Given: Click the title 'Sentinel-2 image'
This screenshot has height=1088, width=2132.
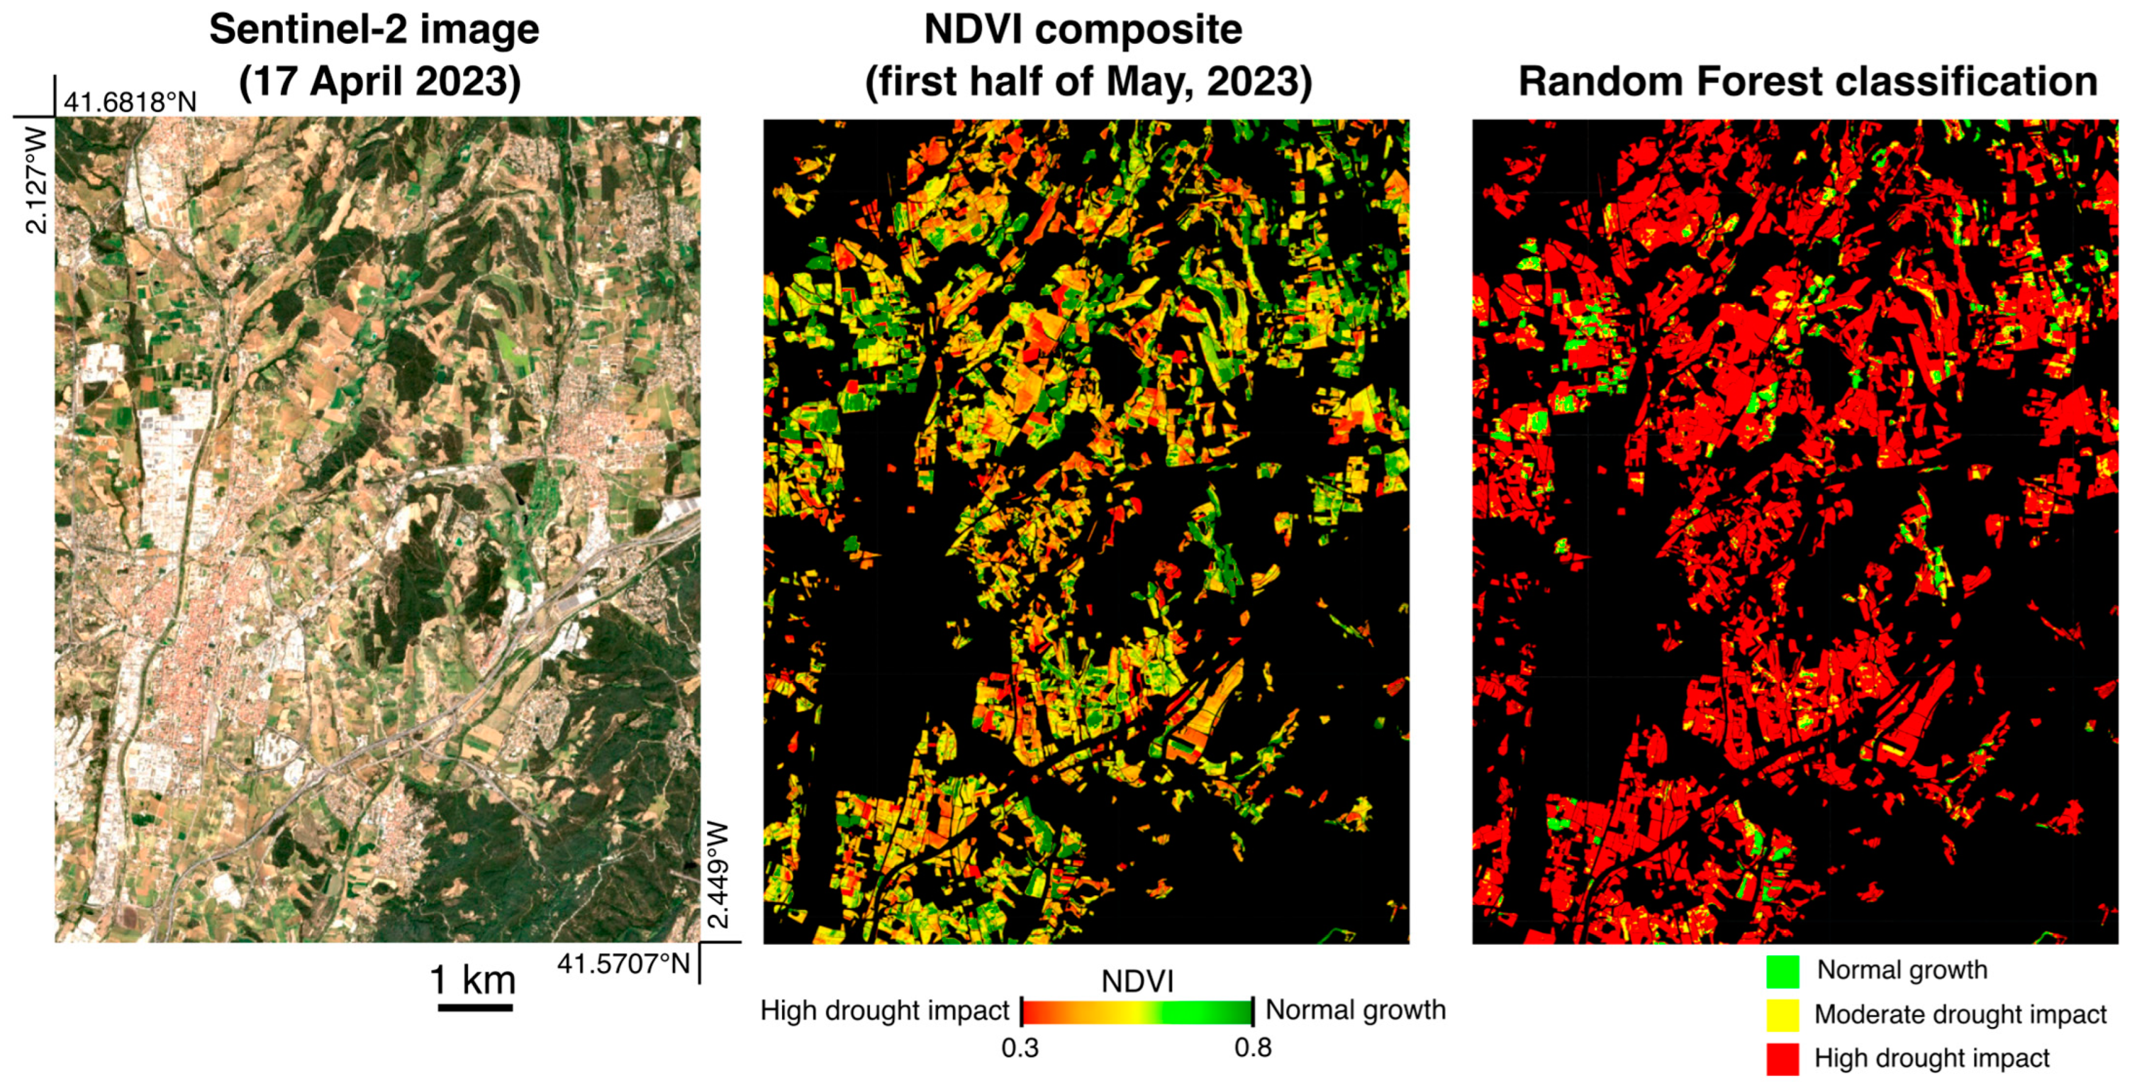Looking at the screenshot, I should pos(374,30).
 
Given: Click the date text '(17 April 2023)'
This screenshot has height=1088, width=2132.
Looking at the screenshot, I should pos(380,82).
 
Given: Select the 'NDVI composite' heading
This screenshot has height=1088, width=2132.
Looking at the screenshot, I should pos(1082,30).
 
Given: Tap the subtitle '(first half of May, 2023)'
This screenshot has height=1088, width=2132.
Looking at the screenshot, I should pos(1087,82).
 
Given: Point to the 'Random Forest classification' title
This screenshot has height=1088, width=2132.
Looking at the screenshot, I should pos(1808,82).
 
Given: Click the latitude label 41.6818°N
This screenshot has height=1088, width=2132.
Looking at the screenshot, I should pos(130,102).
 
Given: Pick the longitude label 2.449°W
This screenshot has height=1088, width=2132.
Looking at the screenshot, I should pos(719,875).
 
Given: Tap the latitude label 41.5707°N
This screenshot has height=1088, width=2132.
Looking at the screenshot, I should pos(624,964).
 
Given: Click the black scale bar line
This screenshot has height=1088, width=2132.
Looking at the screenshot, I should pos(474,1007).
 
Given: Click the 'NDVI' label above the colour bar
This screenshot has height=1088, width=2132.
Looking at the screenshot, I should pos(1137,982).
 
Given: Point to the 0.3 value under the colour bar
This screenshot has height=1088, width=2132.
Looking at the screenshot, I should pos(1020,1048).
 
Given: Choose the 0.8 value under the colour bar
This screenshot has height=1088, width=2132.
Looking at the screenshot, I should pos(1253,1048).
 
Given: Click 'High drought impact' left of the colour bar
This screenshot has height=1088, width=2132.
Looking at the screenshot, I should pos(884,1011).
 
